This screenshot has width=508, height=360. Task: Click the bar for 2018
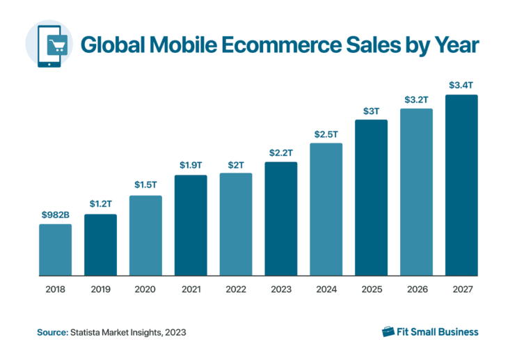pos(55,249)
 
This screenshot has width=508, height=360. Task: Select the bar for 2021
pos(191,225)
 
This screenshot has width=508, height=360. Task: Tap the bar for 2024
pos(326,209)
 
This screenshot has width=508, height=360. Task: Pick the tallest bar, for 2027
pos(461,185)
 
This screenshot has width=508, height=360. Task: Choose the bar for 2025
pos(371,198)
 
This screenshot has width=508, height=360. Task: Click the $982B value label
pos(55,214)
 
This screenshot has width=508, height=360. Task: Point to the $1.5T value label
pos(145,185)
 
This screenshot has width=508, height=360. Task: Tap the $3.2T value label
pos(416,99)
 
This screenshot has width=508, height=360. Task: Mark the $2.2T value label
pos(280,152)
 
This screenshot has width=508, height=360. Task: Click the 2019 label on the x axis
pos(100,289)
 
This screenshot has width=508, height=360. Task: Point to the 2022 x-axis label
pos(236,289)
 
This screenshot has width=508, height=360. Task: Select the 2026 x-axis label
pos(416,289)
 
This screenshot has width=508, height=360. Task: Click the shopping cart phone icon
pos(49,43)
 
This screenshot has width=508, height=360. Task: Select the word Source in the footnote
pos(51,332)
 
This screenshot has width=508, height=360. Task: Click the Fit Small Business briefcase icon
pos(388,331)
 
